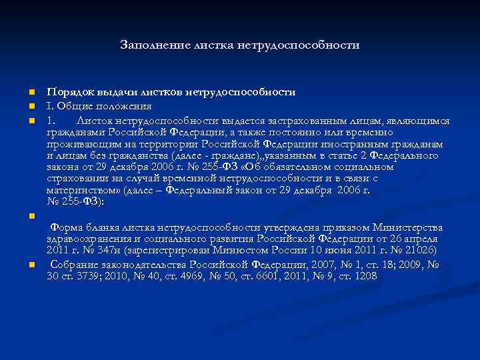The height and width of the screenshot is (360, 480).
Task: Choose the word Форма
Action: pos(67,227)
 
